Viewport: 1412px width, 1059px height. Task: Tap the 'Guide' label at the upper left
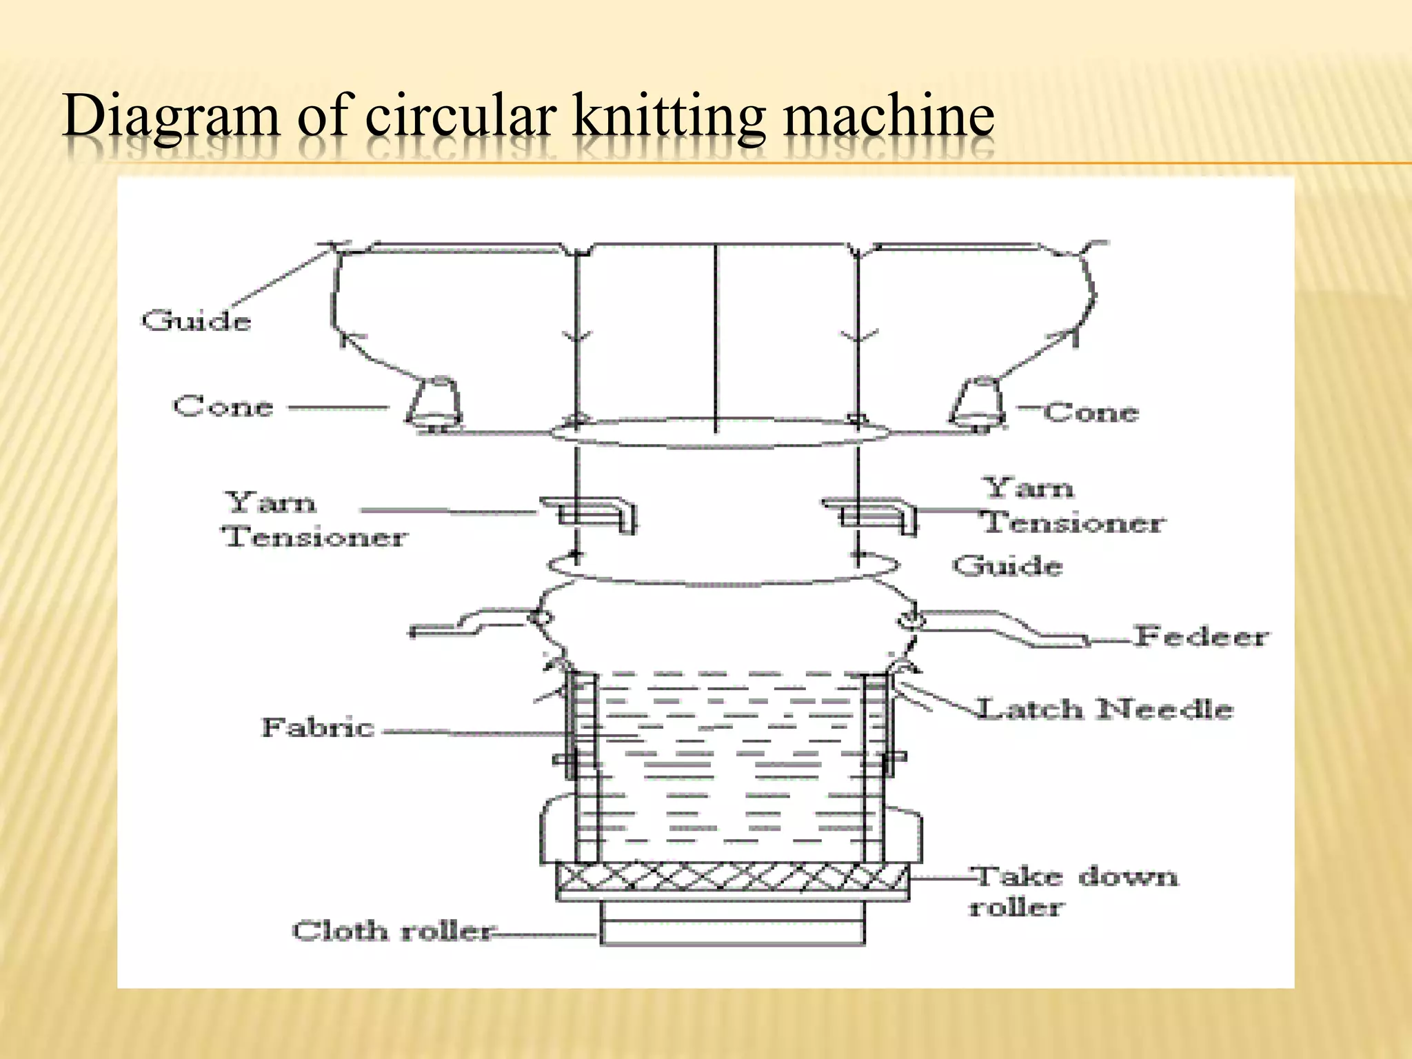click(196, 321)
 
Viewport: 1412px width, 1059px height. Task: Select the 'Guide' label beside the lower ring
click(1007, 566)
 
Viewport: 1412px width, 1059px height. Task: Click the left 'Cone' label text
click(223, 406)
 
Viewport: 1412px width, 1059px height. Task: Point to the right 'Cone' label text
click(1090, 412)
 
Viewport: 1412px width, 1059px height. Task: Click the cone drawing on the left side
click(434, 401)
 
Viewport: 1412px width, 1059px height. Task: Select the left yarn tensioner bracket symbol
click(593, 514)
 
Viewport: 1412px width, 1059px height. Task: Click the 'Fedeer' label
click(1200, 636)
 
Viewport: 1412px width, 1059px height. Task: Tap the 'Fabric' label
click(317, 727)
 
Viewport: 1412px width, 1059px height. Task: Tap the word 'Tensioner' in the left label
click(314, 536)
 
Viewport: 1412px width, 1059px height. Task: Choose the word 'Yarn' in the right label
click(1028, 488)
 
